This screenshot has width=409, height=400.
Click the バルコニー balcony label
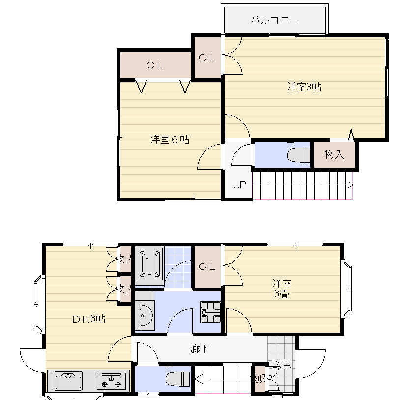[x=274, y=20]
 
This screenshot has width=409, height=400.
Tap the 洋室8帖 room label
[x=304, y=87]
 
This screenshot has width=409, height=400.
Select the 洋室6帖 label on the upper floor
[x=170, y=140]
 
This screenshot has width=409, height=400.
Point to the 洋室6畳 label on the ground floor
[x=282, y=289]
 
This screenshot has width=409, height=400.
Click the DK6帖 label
[x=88, y=319]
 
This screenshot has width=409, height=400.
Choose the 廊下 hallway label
[x=200, y=349]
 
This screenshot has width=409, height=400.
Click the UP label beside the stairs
[x=239, y=185]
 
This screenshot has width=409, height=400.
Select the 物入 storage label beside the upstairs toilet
[x=334, y=155]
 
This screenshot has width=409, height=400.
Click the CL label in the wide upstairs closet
[x=154, y=65]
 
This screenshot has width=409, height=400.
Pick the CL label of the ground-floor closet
[x=207, y=267]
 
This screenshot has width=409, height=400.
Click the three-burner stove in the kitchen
[x=112, y=381]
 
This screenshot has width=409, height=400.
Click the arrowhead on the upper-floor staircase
[x=351, y=185]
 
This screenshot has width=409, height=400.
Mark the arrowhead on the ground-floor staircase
[x=199, y=379]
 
